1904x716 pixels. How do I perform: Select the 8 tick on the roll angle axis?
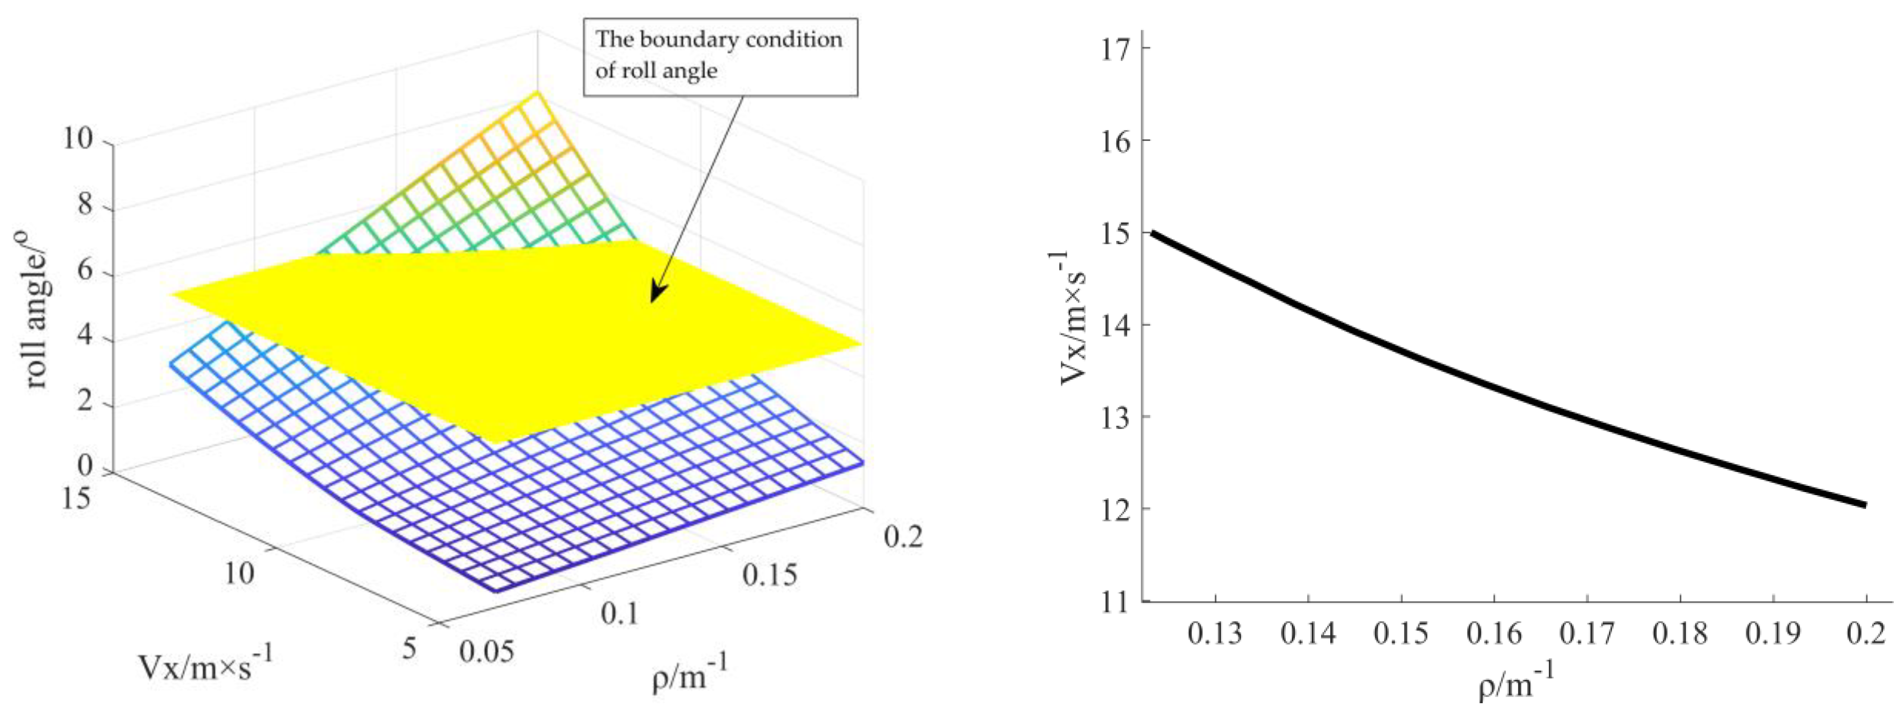(85, 205)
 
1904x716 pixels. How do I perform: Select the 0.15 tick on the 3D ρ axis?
(769, 575)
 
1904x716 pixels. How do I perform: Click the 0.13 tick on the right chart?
(1215, 635)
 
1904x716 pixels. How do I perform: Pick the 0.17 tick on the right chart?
(1587, 635)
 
